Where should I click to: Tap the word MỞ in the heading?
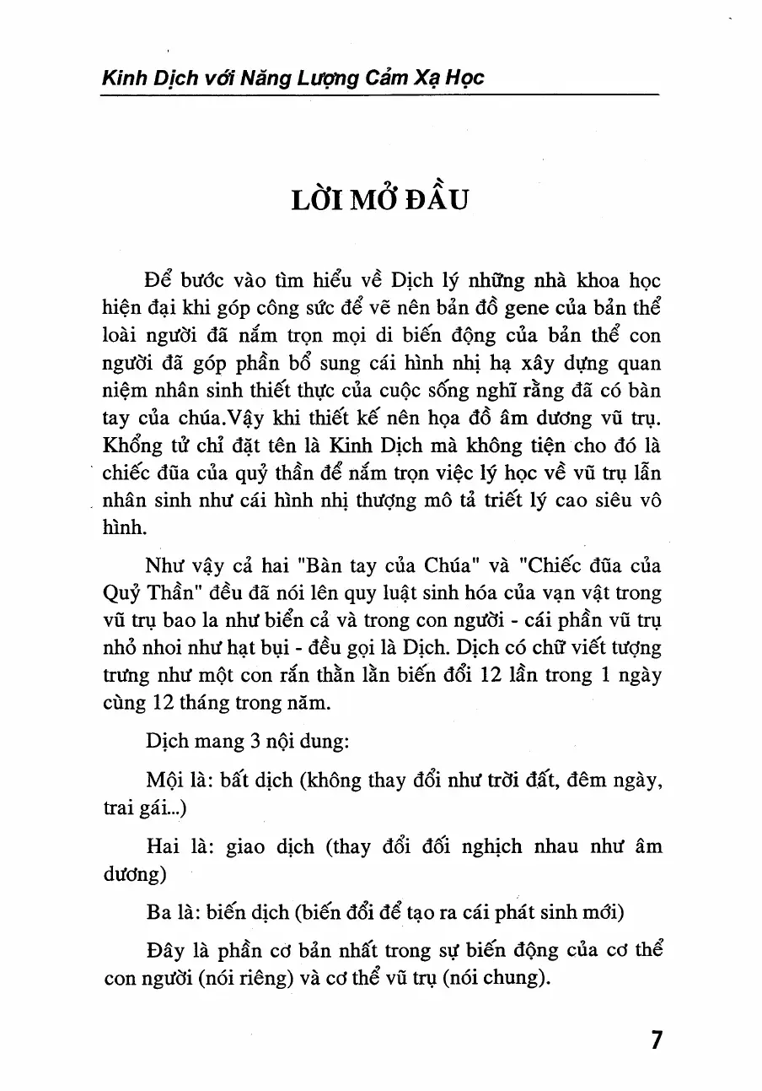[360, 204]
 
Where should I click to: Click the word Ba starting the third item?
[159, 912]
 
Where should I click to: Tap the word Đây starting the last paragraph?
[165, 951]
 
